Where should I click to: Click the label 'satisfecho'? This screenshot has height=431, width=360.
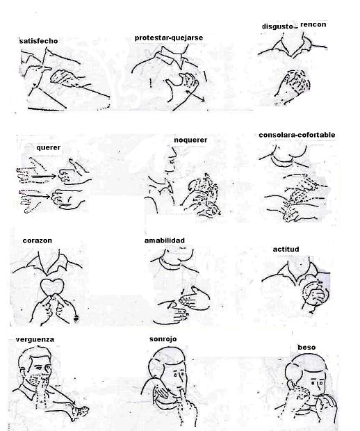39,41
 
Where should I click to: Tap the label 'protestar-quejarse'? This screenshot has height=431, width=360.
169,38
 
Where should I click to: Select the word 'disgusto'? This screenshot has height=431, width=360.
277,26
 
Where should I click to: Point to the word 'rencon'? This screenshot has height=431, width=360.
313,24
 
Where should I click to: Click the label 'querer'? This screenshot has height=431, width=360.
49,147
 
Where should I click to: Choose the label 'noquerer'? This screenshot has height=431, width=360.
190,140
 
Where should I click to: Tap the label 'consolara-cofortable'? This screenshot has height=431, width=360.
297,135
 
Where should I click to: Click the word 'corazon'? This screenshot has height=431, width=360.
38,241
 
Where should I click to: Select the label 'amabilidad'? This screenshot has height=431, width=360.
165,241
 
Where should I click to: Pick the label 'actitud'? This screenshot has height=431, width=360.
286,249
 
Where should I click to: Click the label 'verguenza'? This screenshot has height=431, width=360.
35,339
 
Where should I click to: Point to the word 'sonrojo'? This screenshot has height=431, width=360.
163,339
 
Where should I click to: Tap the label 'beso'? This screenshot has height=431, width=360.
306,347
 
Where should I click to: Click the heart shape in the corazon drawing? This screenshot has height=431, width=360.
52,287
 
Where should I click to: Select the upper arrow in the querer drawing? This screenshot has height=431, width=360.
44,176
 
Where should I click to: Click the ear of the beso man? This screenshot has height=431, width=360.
290,384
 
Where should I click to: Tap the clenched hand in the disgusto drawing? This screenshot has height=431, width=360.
293,83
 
